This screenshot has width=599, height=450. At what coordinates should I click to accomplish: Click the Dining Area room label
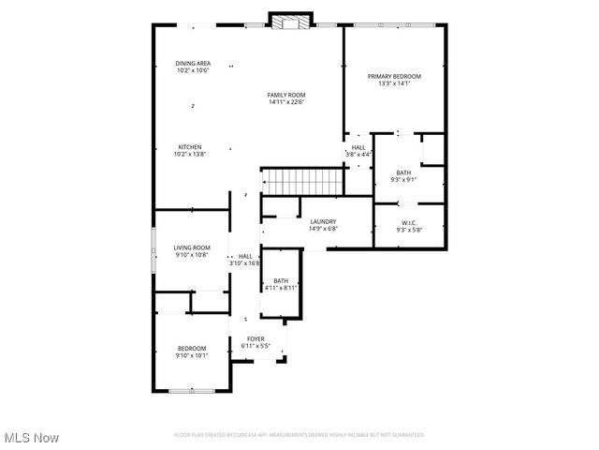point(192,64)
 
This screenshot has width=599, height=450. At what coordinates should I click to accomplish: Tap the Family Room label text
point(286,95)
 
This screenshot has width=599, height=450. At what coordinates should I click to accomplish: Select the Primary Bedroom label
point(394,76)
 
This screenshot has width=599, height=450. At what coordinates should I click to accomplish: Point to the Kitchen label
point(191,147)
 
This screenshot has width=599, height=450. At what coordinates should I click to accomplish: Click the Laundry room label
point(323,221)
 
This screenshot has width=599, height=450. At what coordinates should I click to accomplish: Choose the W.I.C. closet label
point(409,222)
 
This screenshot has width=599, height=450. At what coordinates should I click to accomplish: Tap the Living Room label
point(191,247)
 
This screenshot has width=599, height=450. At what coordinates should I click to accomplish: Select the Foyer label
point(256,338)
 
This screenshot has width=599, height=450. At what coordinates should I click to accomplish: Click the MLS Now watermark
point(30,438)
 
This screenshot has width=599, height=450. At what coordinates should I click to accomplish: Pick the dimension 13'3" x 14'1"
point(394,83)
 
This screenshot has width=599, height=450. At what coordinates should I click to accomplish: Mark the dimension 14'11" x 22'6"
point(286,102)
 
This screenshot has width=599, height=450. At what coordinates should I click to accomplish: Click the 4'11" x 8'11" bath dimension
point(281,288)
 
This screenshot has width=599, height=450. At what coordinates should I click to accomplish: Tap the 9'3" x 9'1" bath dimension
point(403,179)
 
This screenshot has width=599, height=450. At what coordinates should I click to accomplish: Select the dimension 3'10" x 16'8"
point(244,263)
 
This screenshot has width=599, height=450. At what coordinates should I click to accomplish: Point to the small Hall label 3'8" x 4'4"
point(358,154)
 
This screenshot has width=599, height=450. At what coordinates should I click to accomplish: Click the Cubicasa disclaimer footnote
point(299,435)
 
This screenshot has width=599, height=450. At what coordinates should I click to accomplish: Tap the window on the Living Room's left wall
point(154,248)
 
